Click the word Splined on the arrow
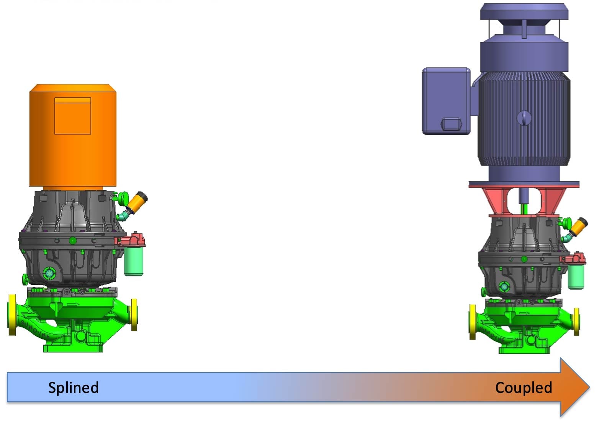coord(73,388)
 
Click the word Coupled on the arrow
coord(524,388)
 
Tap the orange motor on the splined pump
coord(73,135)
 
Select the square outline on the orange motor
coord(73,116)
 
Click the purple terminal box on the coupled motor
coord(446,101)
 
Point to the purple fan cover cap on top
coord(524,11)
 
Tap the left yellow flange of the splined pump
coord(12,315)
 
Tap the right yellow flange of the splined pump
coord(134,315)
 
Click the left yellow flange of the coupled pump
coord(473,322)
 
